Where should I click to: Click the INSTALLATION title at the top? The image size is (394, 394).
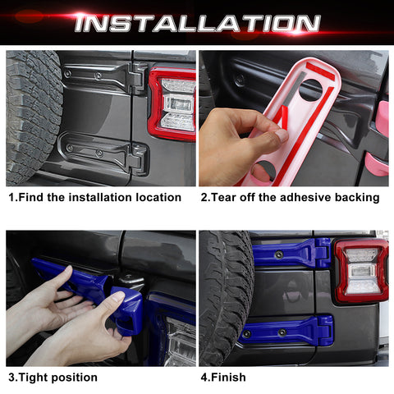point(196,23)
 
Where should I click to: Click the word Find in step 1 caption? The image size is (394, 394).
point(37,197)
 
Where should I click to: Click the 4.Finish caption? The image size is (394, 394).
point(222,378)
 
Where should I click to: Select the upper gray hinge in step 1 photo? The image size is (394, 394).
point(107,78)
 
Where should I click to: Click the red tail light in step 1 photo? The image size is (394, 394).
point(174,103)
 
